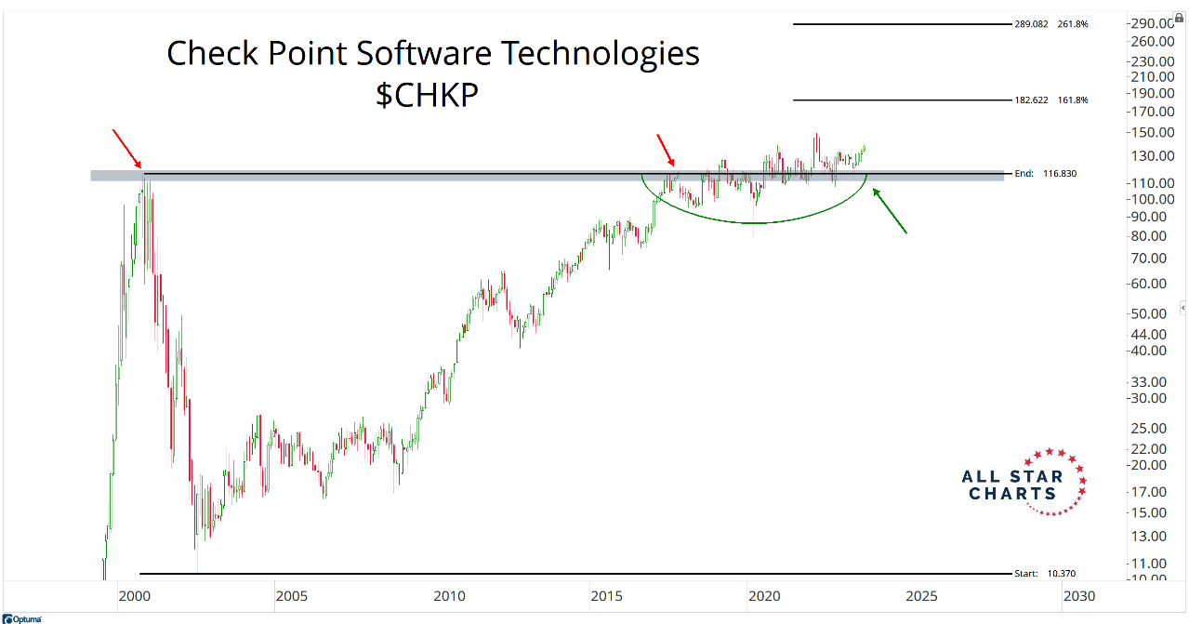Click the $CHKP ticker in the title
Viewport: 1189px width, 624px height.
(x=427, y=95)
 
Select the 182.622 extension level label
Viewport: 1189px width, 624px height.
(x=1032, y=100)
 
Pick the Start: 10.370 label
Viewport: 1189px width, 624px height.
(x=1047, y=574)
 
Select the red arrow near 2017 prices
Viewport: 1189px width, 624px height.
(x=666, y=151)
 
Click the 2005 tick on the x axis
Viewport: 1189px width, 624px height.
(x=290, y=595)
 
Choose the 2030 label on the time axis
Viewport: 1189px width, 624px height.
(x=1079, y=595)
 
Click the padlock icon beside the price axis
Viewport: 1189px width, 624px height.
(x=1179, y=18)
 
